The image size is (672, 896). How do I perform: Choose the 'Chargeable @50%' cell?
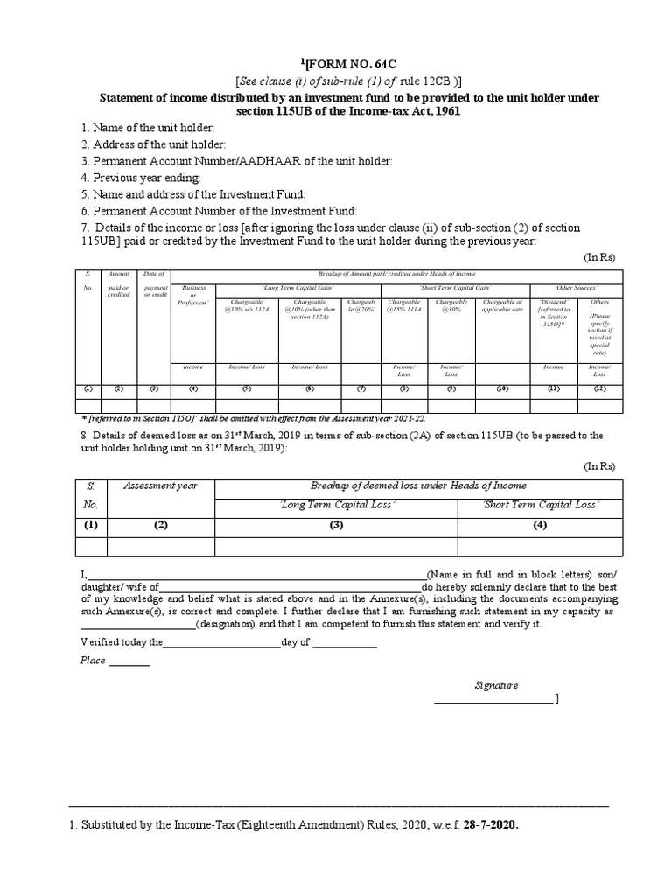click(x=451, y=304)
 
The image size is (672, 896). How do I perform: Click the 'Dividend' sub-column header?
click(x=553, y=310)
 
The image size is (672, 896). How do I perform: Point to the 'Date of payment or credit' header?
click(x=155, y=284)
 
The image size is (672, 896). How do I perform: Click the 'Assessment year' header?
click(x=161, y=486)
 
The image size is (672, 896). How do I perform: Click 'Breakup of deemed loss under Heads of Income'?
click(x=418, y=486)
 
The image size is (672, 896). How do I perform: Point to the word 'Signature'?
click(x=496, y=685)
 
